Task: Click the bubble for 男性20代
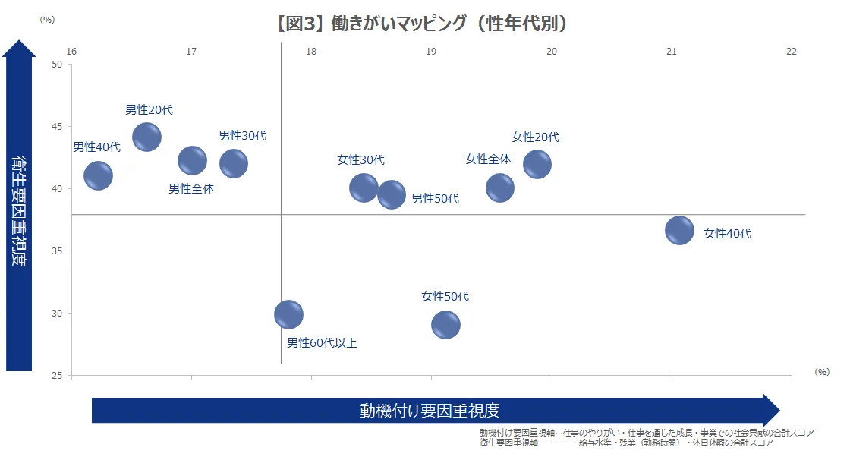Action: [146, 137]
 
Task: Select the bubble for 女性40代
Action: [679, 230]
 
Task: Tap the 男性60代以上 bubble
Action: [288, 314]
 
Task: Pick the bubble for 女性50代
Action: [445, 325]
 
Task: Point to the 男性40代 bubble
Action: [98, 175]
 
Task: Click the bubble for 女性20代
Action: [537, 164]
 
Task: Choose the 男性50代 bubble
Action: [392, 194]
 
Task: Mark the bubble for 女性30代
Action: [364, 188]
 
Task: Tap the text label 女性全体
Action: [488, 159]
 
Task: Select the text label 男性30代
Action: [243, 135]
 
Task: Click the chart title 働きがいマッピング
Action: [423, 24]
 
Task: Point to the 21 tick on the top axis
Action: [672, 51]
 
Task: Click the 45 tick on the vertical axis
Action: [57, 126]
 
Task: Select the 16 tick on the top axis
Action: [71, 51]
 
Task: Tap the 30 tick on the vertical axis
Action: [57, 313]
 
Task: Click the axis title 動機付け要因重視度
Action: [430, 411]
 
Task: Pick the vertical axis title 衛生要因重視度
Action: [20, 211]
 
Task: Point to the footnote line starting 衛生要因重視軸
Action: [626, 443]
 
